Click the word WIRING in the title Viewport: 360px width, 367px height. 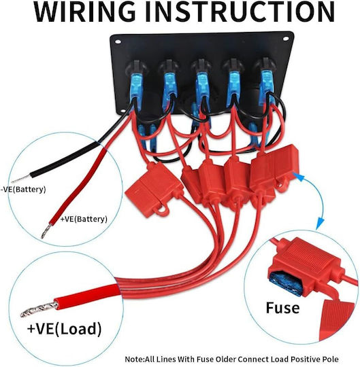[x=85, y=12]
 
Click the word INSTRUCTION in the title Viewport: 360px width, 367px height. [x=240, y=12]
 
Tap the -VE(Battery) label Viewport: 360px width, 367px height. [x=23, y=189]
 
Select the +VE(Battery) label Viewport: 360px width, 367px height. [x=84, y=219]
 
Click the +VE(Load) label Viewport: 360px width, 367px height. [x=64, y=328]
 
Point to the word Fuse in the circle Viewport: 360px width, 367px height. [x=282, y=308]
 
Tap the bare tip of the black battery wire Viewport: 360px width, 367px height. [x=21, y=179]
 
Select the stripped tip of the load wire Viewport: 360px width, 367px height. [x=39, y=309]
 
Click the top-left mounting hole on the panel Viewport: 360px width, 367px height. [x=118, y=42]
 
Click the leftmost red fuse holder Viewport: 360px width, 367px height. [x=154, y=190]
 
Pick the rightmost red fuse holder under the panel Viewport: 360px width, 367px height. [x=274, y=168]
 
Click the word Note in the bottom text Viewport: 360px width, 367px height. [x=134, y=359]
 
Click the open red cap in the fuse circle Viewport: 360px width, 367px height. [x=337, y=321]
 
